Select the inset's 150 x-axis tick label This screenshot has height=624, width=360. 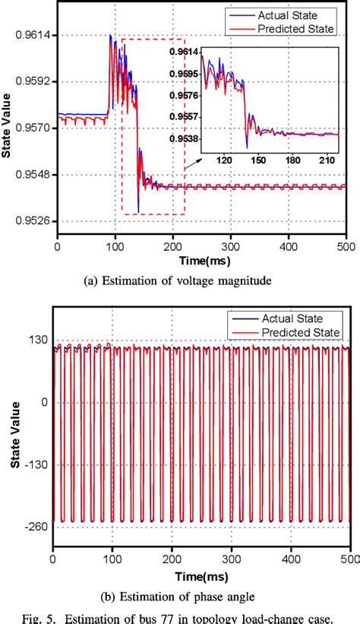tap(258, 161)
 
